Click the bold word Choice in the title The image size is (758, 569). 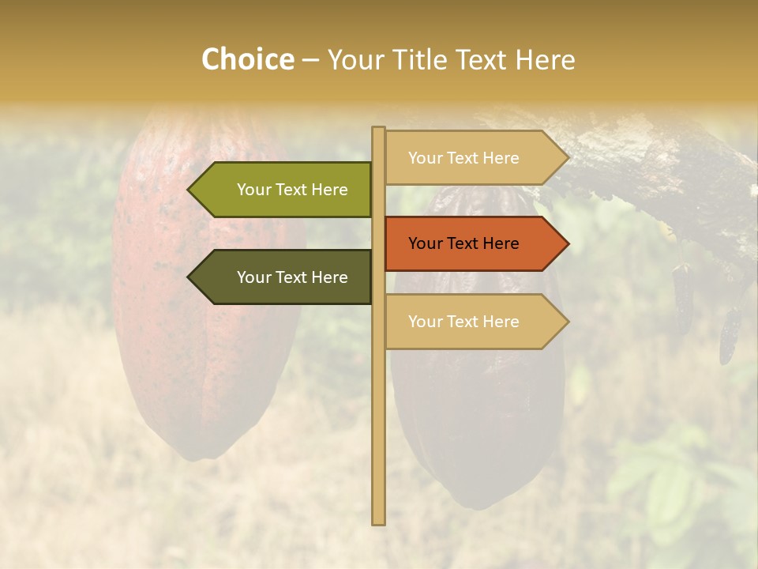[247, 59]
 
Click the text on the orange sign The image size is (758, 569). [463, 243]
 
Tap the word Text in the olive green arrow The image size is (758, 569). [292, 190]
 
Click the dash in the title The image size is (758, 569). [310, 60]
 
